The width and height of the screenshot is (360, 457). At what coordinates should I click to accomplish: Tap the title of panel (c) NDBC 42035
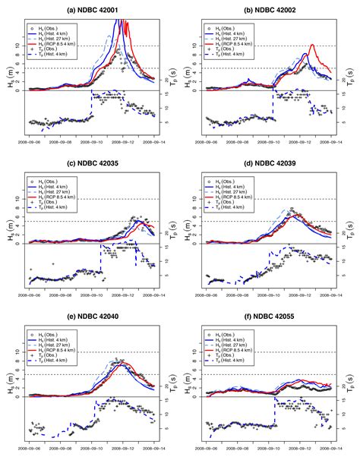point(90,164)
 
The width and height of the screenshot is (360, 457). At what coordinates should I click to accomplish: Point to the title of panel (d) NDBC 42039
point(269,164)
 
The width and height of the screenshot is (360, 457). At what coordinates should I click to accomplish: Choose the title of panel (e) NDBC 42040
point(90,318)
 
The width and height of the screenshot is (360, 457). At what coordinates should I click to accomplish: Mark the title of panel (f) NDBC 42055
point(269,318)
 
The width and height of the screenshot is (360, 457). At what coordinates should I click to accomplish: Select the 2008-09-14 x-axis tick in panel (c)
point(154,297)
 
